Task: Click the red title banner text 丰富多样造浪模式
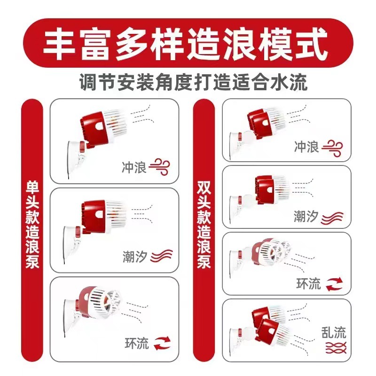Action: (185, 44)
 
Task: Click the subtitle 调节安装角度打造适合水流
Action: (193, 82)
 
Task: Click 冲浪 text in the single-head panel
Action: (134, 167)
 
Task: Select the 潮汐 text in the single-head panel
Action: (135, 257)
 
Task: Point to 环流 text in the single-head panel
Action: (137, 343)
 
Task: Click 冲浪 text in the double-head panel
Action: (307, 147)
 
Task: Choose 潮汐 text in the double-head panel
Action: (306, 216)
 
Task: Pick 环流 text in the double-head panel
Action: (309, 284)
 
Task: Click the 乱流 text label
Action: (334, 333)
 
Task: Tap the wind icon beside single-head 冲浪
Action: (159, 167)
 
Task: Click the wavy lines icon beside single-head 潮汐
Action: (162, 256)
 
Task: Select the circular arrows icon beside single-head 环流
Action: (162, 343)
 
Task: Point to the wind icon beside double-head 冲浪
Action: (332, 148)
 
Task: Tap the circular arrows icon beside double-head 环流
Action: (334, 284)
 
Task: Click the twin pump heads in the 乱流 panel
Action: (271, 324)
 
